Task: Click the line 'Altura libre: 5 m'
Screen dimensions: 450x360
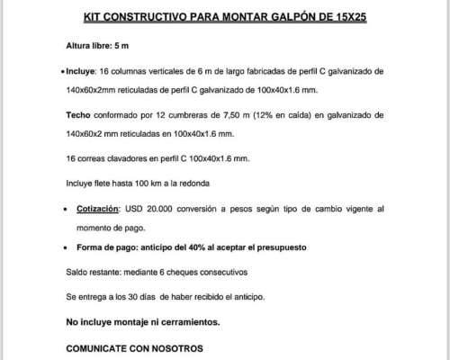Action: pos(98,45)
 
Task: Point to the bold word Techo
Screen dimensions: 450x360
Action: pos(80,116)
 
